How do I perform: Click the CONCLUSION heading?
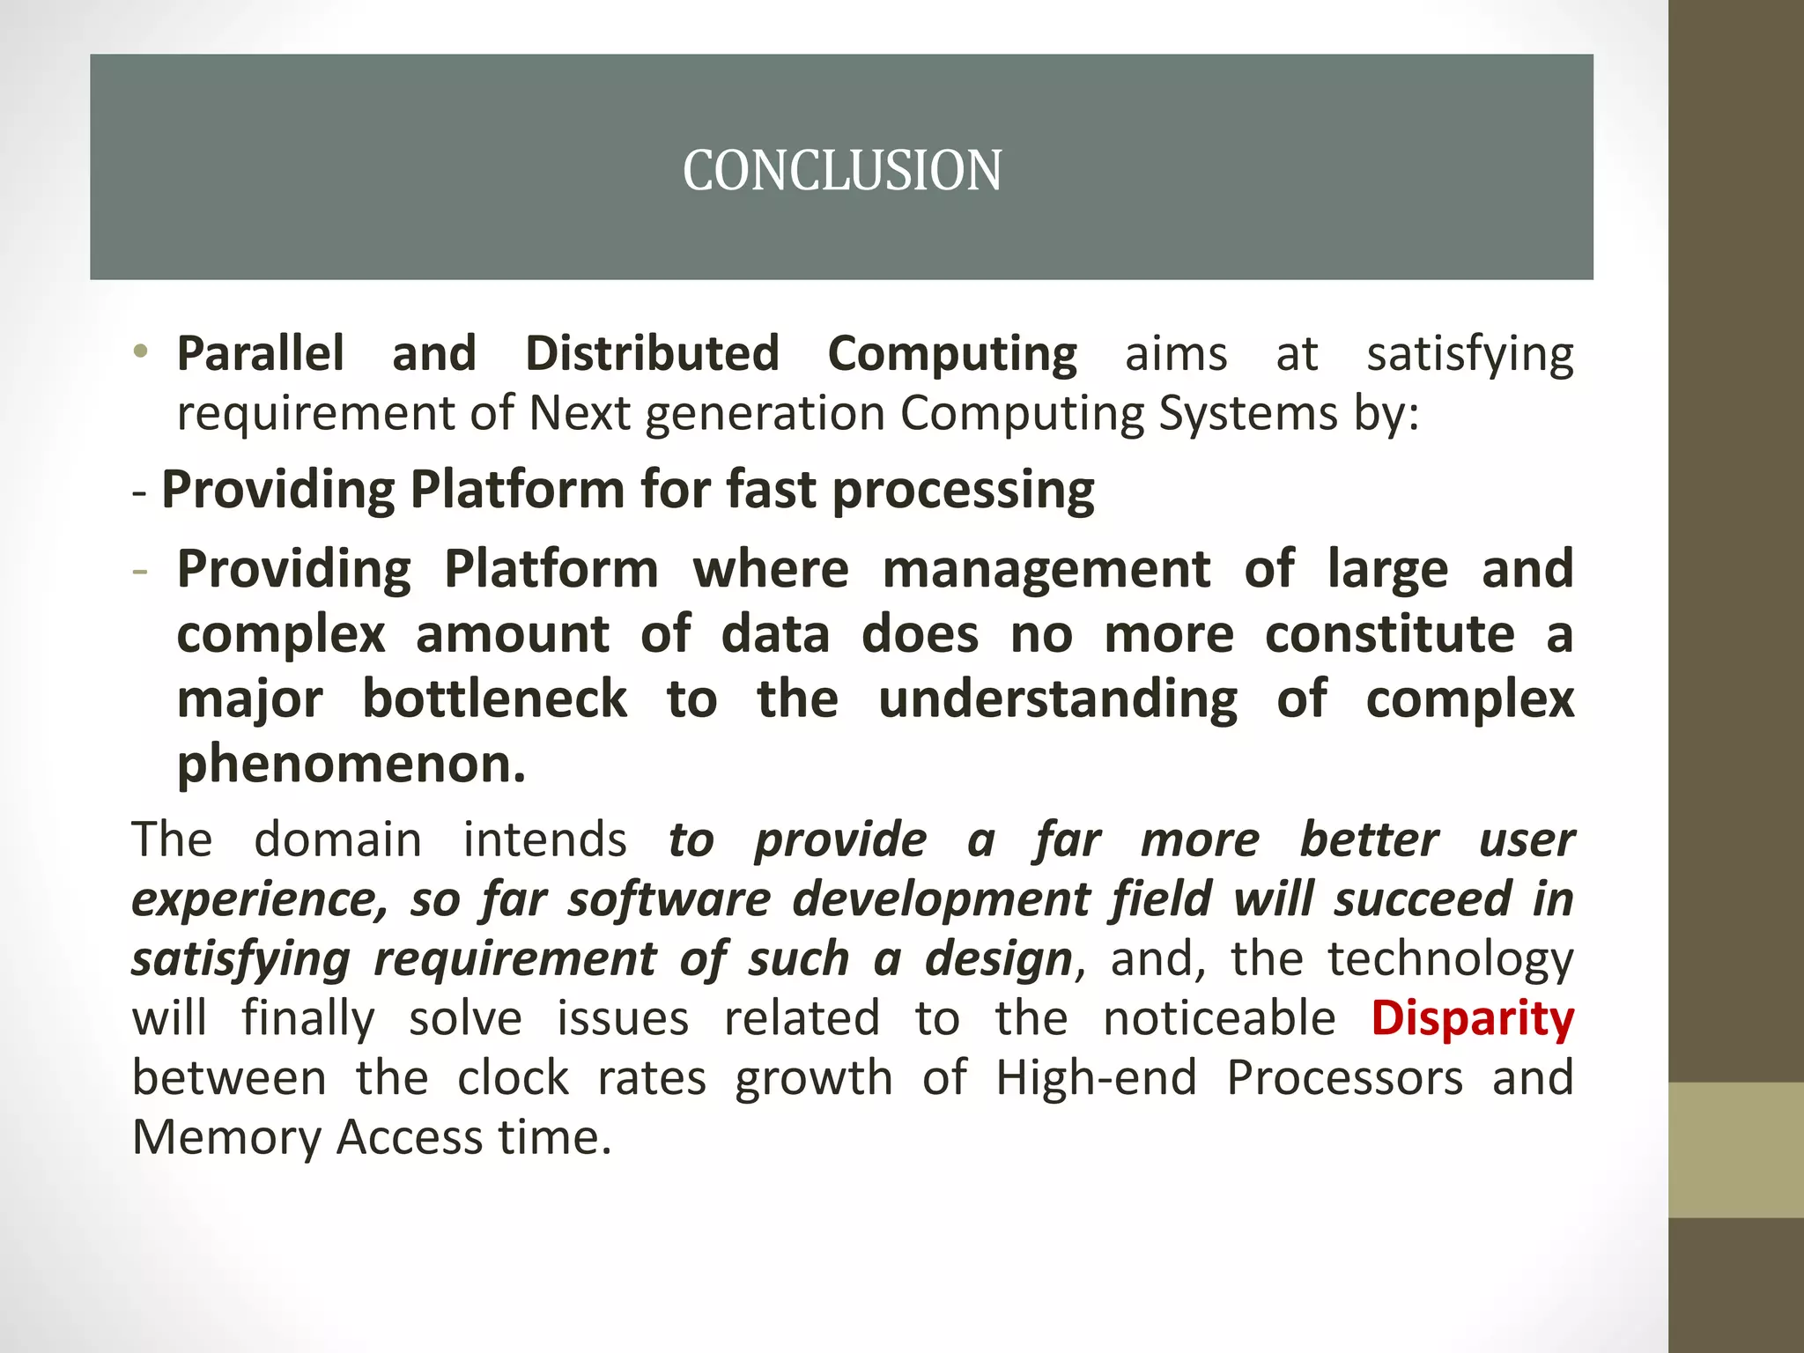coord(842,170)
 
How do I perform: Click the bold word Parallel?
coord(261,353)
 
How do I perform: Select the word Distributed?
coord(652,353)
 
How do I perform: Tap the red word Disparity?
coord(1472,1019)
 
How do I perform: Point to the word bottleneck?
coord(495,699)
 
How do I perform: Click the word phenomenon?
coord(351,764)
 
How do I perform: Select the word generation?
coord(765,415)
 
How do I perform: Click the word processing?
coord(963,491)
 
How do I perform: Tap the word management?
coord(1046,569)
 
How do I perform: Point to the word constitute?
coord(1390,634)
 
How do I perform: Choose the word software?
coord(669,899)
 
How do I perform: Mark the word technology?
coord(1450,959)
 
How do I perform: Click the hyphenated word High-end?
coord(1096,1077)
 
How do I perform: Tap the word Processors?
coord(1344,1077)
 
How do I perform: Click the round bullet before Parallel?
coord(141,352)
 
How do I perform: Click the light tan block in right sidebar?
coord(1735,1150)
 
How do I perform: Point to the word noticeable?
coord(1219,1018)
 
